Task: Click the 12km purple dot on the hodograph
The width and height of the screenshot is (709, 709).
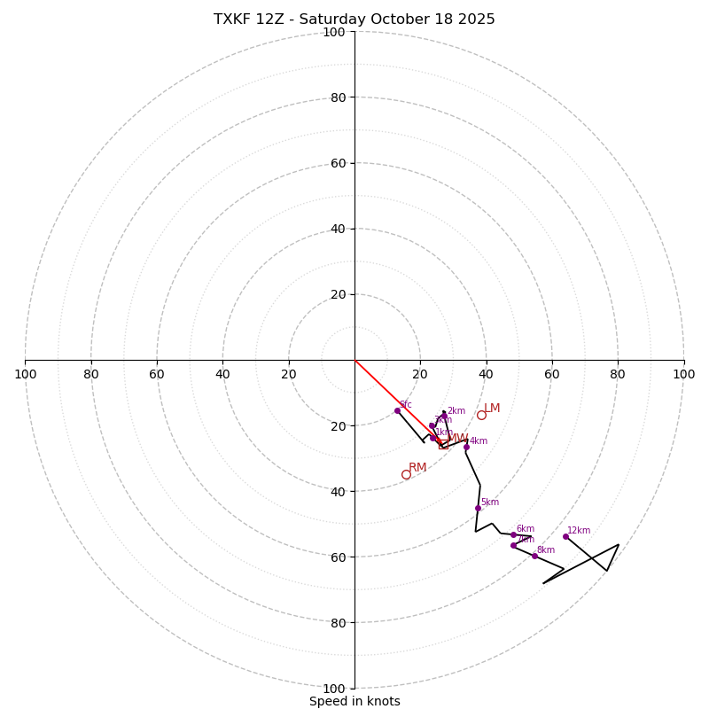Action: (565, 536)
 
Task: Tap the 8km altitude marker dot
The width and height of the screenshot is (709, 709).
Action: (534, 556)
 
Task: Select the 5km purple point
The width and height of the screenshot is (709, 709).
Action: (478, 508)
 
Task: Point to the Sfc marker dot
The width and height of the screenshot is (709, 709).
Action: (397, 410)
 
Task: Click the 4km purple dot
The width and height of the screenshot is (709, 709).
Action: (466, 447)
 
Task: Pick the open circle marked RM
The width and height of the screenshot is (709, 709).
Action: (406, 474)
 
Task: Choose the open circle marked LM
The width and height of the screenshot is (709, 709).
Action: (481, 415)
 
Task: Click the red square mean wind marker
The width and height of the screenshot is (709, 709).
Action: (443, 444)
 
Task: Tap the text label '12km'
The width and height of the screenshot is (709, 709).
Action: (579, 531)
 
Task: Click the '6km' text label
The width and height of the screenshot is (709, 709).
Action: (526, 529)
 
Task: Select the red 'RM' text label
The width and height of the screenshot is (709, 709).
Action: (417, 467)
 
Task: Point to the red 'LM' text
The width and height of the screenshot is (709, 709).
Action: (492, 409)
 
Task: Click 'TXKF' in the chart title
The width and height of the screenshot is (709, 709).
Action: (232, 19)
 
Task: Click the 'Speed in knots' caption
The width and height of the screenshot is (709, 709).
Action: (354, 701)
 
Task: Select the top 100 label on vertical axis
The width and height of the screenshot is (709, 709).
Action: (334, 33)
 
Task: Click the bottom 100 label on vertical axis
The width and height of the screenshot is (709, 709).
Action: (334, 688)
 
